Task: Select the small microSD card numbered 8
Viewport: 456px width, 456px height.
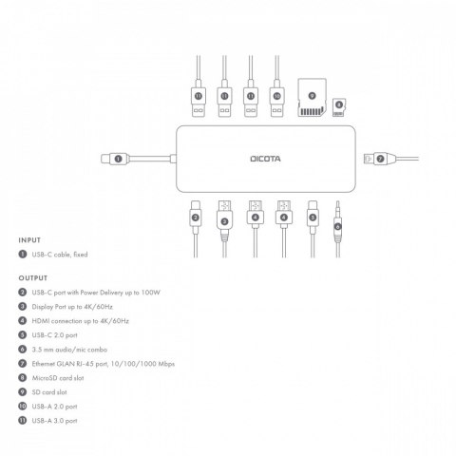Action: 338,111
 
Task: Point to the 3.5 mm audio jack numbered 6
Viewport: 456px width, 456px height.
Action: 339,224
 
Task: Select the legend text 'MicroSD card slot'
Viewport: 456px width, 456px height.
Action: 60,377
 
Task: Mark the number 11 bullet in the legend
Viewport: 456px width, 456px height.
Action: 22,420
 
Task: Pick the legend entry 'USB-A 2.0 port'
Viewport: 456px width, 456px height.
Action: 56,406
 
